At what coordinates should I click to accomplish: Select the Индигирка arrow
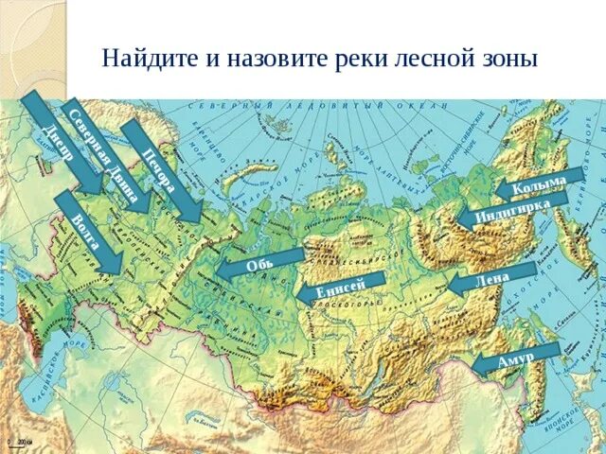[x=511, y=212]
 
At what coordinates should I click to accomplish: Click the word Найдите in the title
[x=146, y=59]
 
